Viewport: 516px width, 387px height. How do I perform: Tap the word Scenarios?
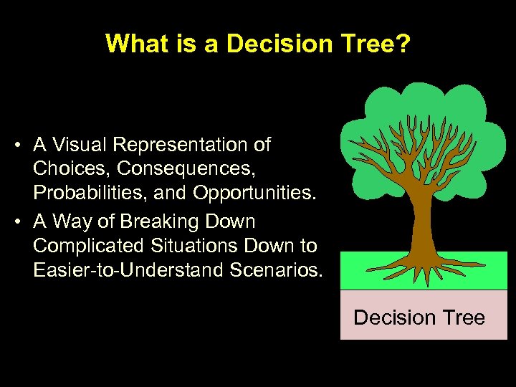click(x=273, y=271)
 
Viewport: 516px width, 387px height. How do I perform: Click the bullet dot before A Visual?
click(x=16, y=145)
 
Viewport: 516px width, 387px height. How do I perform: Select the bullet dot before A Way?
click(x=16, y=221)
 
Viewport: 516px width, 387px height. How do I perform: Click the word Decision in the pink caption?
click(x=395, y=317)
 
